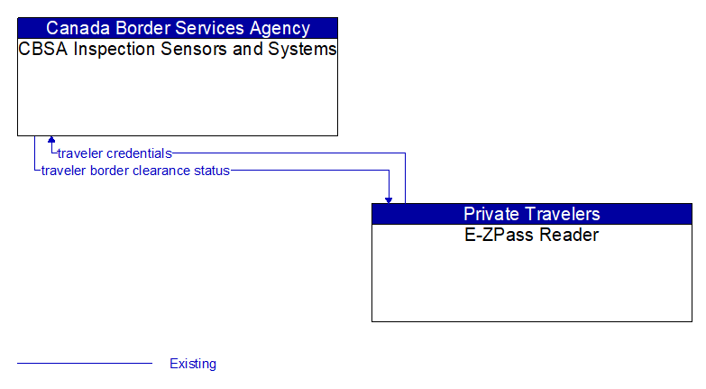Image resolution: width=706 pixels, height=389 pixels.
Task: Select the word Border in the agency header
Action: click(x=142, y=28)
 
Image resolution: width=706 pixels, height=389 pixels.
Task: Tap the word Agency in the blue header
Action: click(x=280, y=28)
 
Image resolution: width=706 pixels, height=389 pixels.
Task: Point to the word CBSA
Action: click(x=42, y=49)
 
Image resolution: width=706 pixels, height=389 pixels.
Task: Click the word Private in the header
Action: click(x=492, y=214)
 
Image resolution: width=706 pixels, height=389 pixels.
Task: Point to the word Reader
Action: click(x=568, y=236)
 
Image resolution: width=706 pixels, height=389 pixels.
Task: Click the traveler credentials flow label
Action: click(x=115, y=153)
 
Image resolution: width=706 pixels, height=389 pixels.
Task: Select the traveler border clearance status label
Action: click(x=135, y=170)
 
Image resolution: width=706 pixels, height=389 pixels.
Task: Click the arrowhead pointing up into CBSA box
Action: click(x=51, y=140)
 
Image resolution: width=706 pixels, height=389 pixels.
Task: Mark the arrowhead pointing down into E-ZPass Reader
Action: click(x=389, y=199)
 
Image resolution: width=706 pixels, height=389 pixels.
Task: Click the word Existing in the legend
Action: click(x=193, y=364)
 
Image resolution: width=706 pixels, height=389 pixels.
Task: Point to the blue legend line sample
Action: click(x=85, y=364)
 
